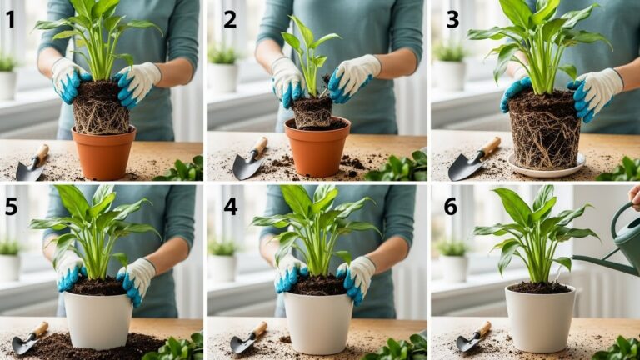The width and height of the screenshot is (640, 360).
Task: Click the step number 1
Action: [x=11, y=18]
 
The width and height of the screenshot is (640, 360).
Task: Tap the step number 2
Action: [x=229, y=19]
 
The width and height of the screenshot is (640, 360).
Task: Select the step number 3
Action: [x=452, y=19]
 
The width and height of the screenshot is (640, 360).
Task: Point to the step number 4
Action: [x=229, y=204]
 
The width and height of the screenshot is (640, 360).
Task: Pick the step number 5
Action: [x=11, y=205]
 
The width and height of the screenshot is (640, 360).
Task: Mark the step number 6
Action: [x=450, y=205]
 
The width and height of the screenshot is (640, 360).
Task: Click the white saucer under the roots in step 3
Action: [x=546, y=169]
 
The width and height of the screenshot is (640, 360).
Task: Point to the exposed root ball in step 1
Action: [x=100, y=108]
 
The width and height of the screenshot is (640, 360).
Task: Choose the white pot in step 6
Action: [x=540, y=318]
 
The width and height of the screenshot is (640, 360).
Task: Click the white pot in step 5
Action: [x=98, y=320]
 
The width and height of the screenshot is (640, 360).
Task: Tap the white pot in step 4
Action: [x=317, y=322]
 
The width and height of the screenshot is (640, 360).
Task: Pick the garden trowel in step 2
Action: [x=249, y=160]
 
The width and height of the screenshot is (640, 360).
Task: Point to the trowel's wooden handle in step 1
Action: [x=40, y=154]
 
